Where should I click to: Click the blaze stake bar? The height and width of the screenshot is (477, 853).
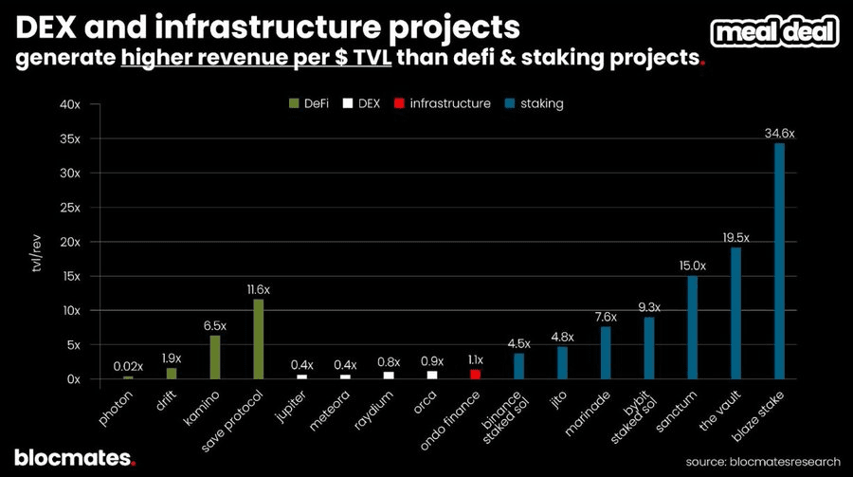coord(780,261)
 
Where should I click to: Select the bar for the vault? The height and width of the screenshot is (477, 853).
coord(735,313)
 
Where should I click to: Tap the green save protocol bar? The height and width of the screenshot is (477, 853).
coord(258,339)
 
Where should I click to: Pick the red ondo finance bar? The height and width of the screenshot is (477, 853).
coord(475,375)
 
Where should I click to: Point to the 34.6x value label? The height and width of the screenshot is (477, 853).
coord(779,135)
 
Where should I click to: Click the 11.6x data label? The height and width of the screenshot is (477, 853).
coord(258,289)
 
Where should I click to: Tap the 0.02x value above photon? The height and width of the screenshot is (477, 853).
coord(128,366)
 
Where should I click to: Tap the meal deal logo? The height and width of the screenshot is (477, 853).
coord(776,32)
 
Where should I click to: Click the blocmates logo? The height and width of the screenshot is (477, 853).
coord(75,457)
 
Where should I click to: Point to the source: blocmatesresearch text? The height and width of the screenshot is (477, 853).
coord(764,461)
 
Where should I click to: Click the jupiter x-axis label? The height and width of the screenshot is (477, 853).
coord(290,402)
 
